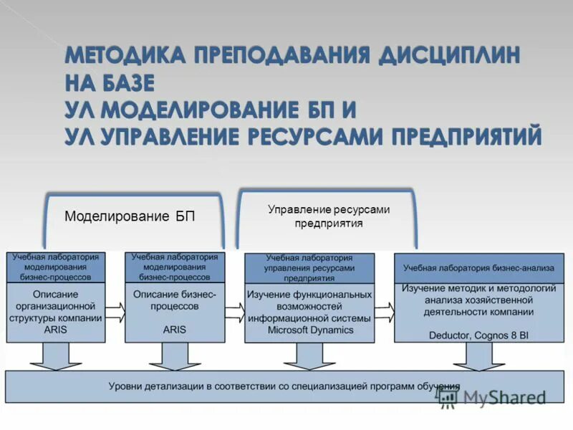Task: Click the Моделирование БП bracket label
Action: click(130, 216)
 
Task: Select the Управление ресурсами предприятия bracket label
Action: click(329, 216)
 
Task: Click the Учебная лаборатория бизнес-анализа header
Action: click(478, 268)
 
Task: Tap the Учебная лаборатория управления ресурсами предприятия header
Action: click(309, 268)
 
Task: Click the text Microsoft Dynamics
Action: click(310, 330)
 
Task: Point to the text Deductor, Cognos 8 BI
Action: click(478, 334)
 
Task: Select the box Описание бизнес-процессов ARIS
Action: click(175, 312)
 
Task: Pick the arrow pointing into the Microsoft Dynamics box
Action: click(234, 311)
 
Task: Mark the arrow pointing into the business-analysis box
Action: click(384, 311)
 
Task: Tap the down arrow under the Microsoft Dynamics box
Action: click(309, 356)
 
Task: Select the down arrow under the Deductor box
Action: click(478, 356)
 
